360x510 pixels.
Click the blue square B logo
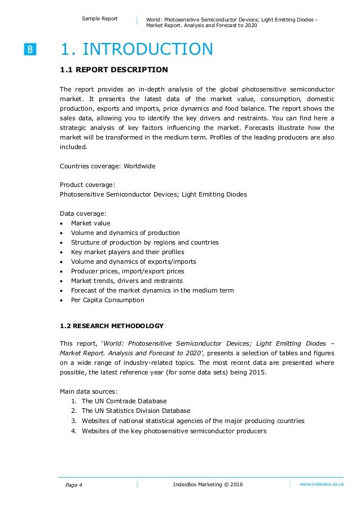point(30,50)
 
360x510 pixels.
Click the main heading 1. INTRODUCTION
point(137,50)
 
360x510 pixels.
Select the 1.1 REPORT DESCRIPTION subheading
point(113,70)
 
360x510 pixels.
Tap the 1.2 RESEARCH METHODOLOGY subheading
point(112,326)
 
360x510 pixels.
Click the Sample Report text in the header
point(100,19)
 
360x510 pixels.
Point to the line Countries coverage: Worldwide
point(107,166)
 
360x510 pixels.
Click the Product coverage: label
point(87,185)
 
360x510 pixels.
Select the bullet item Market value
point(90,223)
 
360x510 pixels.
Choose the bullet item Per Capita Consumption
point(107,300)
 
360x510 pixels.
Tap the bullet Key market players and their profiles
point(128,252)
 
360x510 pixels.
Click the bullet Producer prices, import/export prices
point(128,271)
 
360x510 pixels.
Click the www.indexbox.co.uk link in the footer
point(321,485)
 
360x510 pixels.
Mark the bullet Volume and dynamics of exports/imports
point(133,261)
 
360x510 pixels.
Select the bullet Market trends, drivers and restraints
point(126,281)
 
